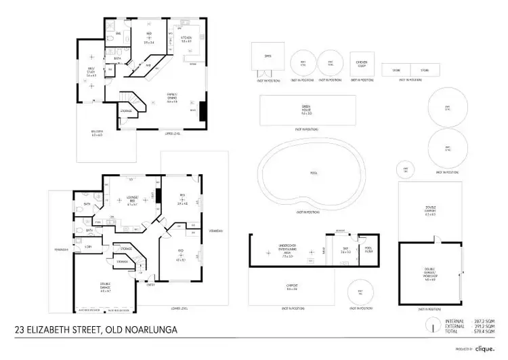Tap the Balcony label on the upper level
98,134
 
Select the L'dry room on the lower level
89,247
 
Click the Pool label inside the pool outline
314,173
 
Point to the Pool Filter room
368,249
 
